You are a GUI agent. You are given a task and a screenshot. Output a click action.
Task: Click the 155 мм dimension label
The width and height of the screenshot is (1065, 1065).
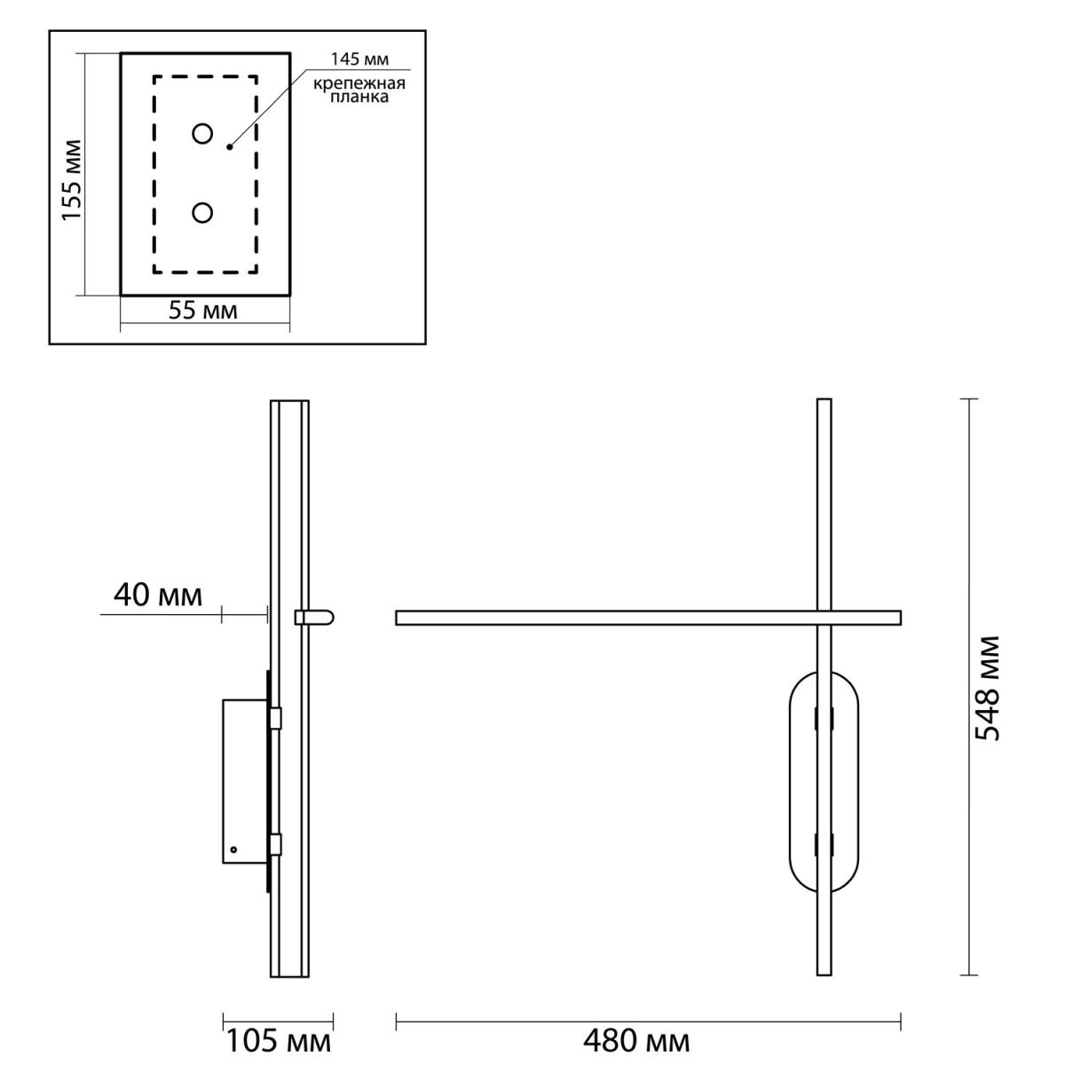coord(72,180)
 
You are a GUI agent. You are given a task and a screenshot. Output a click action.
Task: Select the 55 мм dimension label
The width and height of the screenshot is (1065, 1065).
coord(203,311)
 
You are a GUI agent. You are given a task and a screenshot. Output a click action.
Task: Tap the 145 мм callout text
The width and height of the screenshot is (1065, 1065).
coord(359,59)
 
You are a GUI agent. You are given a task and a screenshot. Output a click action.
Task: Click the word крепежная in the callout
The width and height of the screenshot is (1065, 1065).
coord(359,84)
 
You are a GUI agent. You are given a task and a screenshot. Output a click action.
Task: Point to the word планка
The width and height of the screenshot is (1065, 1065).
coord(359,98)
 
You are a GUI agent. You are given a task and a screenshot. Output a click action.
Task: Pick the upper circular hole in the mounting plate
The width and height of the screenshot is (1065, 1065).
coord(202,134)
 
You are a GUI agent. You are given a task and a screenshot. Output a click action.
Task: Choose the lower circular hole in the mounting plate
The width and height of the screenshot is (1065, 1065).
coord(202,213)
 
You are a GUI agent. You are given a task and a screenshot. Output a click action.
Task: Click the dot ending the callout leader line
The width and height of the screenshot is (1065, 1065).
coord(229,147)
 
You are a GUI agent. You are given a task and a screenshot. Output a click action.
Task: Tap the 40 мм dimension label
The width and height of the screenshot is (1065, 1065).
coord(158,596)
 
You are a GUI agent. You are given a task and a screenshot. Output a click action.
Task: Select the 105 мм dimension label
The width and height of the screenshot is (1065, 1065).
coord(279,1042)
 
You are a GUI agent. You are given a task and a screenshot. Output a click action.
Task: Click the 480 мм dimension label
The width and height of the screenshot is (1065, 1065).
coord(636,1042)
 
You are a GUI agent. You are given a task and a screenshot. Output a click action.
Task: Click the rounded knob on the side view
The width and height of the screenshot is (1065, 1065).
coord(314,618)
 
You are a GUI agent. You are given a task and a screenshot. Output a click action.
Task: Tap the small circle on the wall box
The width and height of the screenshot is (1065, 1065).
coord(233,849)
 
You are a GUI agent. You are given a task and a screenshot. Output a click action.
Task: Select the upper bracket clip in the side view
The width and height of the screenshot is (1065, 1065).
coord(275,718)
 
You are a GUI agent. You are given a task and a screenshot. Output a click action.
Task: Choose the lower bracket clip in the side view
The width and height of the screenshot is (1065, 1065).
coord(275,845)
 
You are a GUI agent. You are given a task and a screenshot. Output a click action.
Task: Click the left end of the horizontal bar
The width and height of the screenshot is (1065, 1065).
coord(397,618)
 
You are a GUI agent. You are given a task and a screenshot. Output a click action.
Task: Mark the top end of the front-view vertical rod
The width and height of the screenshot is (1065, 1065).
coord(824,399)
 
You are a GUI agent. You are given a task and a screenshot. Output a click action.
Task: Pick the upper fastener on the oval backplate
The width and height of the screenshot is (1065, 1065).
coord(824,719)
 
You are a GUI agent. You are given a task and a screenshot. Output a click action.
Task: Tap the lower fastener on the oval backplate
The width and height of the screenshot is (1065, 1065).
coord(824,845)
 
